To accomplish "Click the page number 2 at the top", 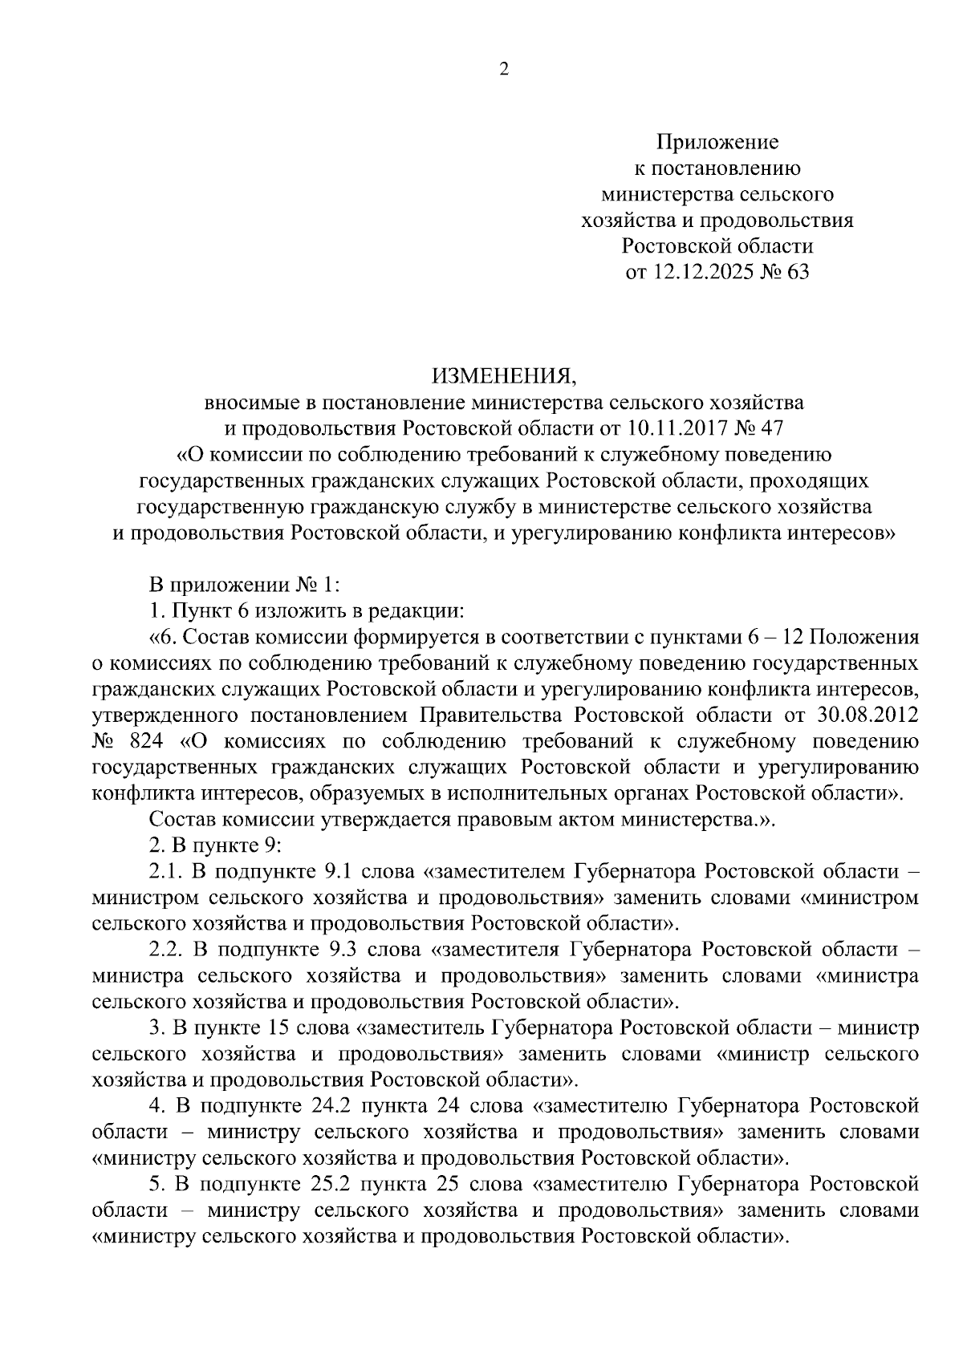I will click(x=504, y=70).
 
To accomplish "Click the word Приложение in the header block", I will click(x=717, y=143).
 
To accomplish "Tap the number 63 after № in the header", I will click(x=798, y=273).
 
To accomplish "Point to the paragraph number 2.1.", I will click(x=167, y=873).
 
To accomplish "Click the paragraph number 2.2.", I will click(x=167, y=951).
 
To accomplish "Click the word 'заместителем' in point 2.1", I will click(x=501, y=873).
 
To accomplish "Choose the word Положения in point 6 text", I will click(x=871, y=637).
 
